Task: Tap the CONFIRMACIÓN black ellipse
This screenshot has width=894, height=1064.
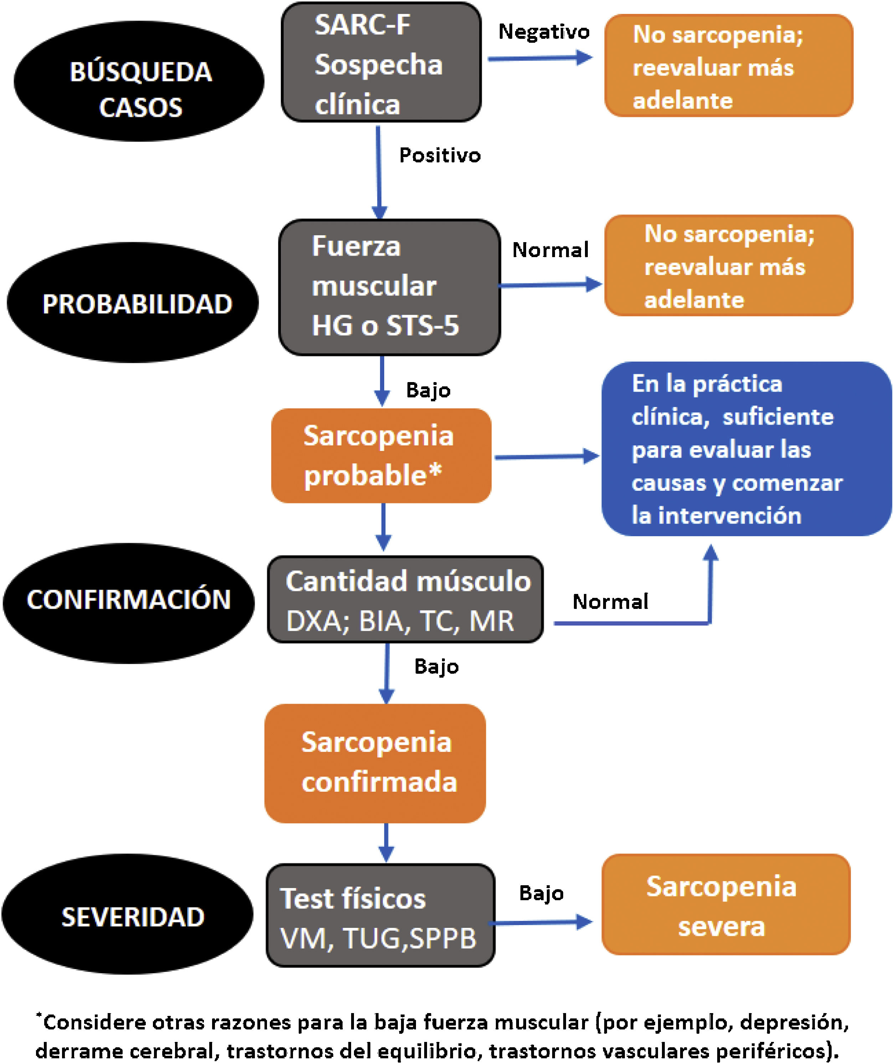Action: click(x=129, y=603)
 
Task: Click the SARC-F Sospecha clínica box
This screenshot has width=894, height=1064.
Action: click(x=381, y=63)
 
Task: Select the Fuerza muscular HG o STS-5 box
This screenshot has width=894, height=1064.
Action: click(x=390, y=287)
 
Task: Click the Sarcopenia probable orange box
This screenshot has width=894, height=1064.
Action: click(x=381, y=455)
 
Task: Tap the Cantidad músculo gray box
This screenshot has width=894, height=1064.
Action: click(x=405, y=599)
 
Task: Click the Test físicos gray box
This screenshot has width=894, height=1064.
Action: click(x=380, y=915)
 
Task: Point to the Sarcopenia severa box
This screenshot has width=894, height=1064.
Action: click(x=726, y=905)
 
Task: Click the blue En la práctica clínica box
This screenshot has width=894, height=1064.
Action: click(x=746, y=449)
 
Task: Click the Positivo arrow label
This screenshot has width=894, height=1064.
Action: click(x=440, y=155)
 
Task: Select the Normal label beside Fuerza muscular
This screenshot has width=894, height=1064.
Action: click(x=550, y=250)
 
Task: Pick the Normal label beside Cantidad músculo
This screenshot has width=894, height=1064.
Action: click(x=610, y=602)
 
